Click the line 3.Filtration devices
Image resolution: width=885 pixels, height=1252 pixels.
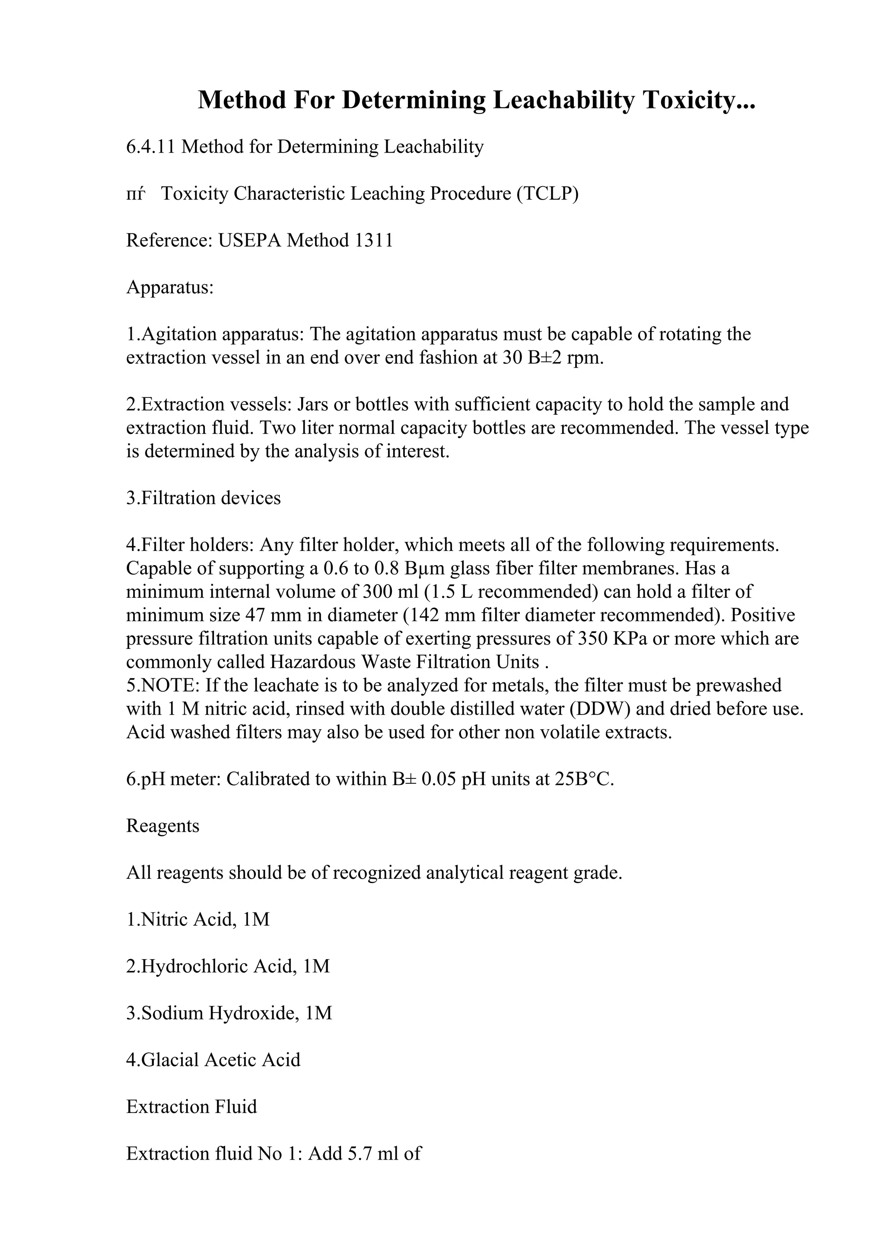pyautogui.click(x=204, y=498)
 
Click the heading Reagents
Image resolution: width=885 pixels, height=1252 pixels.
pyautogui.click(x=162, y=826)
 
